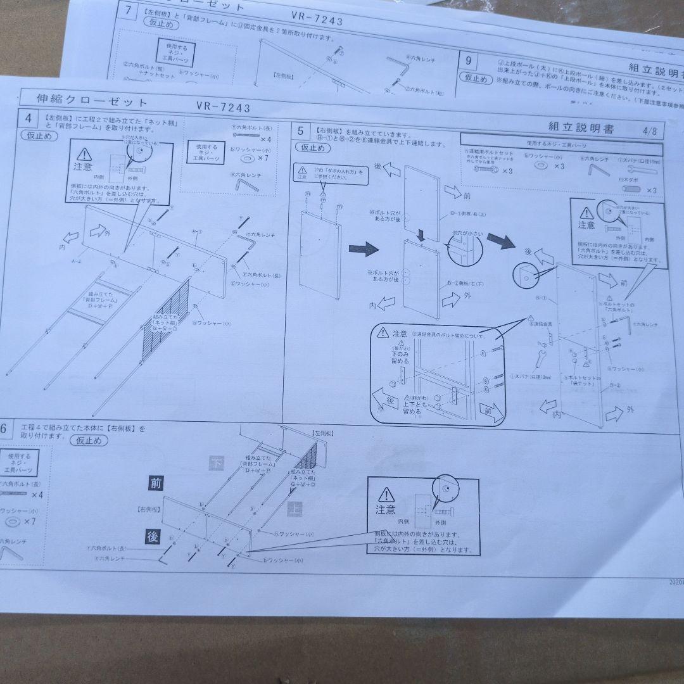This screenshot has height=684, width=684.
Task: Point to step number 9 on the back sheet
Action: (x=468, y=61)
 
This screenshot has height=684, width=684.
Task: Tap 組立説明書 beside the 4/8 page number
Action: (x=581, y=129)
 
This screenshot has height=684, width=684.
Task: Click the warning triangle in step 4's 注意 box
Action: (x=84, y=154)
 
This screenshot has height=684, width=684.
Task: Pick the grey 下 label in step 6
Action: (x=216, y=463)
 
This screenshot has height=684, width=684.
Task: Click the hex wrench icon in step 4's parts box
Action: (x=243, y=184)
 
